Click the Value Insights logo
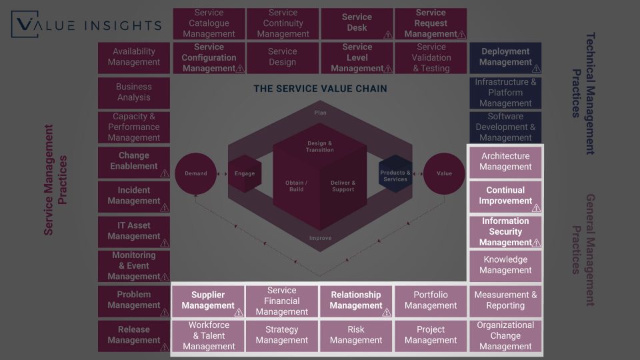(x=87, y=25)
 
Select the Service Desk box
(x=357, y=23)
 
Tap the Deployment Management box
(x=505, y=57)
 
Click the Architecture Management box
(x=505, y=161)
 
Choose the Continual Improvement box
(x=505, y=195)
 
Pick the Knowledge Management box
(x=505, y=265)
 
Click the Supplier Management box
(x=208, y=300)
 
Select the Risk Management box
(x=356, y=335)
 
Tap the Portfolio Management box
(x=431, y=300)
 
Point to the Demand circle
(x=195, y=173)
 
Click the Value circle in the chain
(x=444, y=173)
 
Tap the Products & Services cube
(x=395, y=174)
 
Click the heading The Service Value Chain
(x=320, y=89)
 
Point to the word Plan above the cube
(x=321, y=113)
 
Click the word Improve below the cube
(x=321, y=238)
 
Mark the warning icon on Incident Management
(x=165, y=208)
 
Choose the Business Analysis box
(x=134, y=92)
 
